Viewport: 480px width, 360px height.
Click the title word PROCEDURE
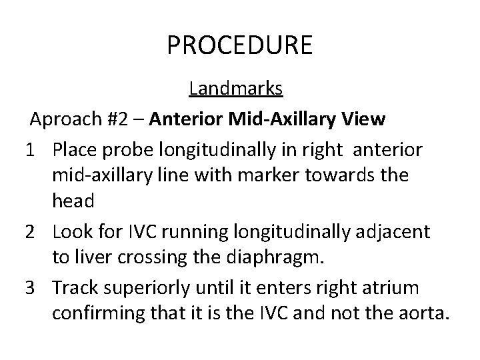click(239, 45)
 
